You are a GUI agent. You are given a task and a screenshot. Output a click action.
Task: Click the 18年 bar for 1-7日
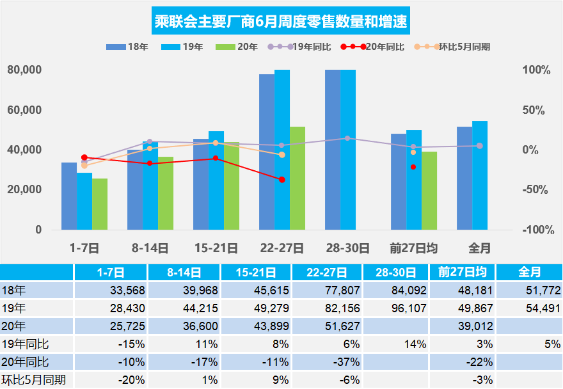(69, 196)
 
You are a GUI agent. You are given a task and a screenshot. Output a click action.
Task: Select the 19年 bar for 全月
(480, 175)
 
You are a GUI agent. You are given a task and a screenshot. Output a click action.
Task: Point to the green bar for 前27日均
(429, 190)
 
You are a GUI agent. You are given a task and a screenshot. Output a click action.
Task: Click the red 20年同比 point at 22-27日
(282, 179)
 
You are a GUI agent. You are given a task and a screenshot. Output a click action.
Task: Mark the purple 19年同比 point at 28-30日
(347, 138)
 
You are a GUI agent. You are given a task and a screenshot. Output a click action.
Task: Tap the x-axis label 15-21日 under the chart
(216, 248)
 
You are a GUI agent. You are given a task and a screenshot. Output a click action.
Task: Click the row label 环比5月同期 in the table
(33, 379)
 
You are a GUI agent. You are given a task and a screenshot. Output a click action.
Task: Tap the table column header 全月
(528, 272)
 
